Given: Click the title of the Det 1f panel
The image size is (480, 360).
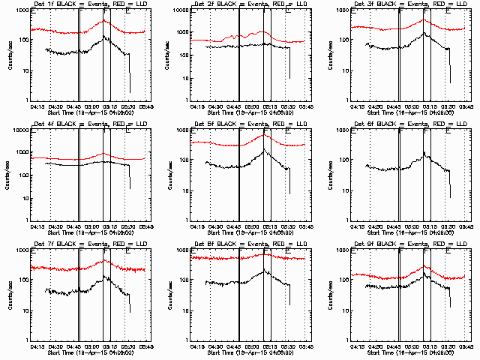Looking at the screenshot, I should coord(83,5).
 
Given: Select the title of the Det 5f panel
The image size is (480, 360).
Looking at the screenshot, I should coord(243,124).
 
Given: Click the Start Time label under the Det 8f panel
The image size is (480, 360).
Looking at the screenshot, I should coord(243,353).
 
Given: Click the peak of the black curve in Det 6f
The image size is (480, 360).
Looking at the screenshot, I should coord(424,153).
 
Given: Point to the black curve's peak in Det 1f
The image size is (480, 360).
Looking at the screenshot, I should coord(104,36).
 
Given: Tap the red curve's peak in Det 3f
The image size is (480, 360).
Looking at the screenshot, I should coord(424,20).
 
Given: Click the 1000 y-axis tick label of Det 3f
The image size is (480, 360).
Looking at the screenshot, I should coord(340,10).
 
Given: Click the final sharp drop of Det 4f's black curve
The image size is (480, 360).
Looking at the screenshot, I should coord(130,180).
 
